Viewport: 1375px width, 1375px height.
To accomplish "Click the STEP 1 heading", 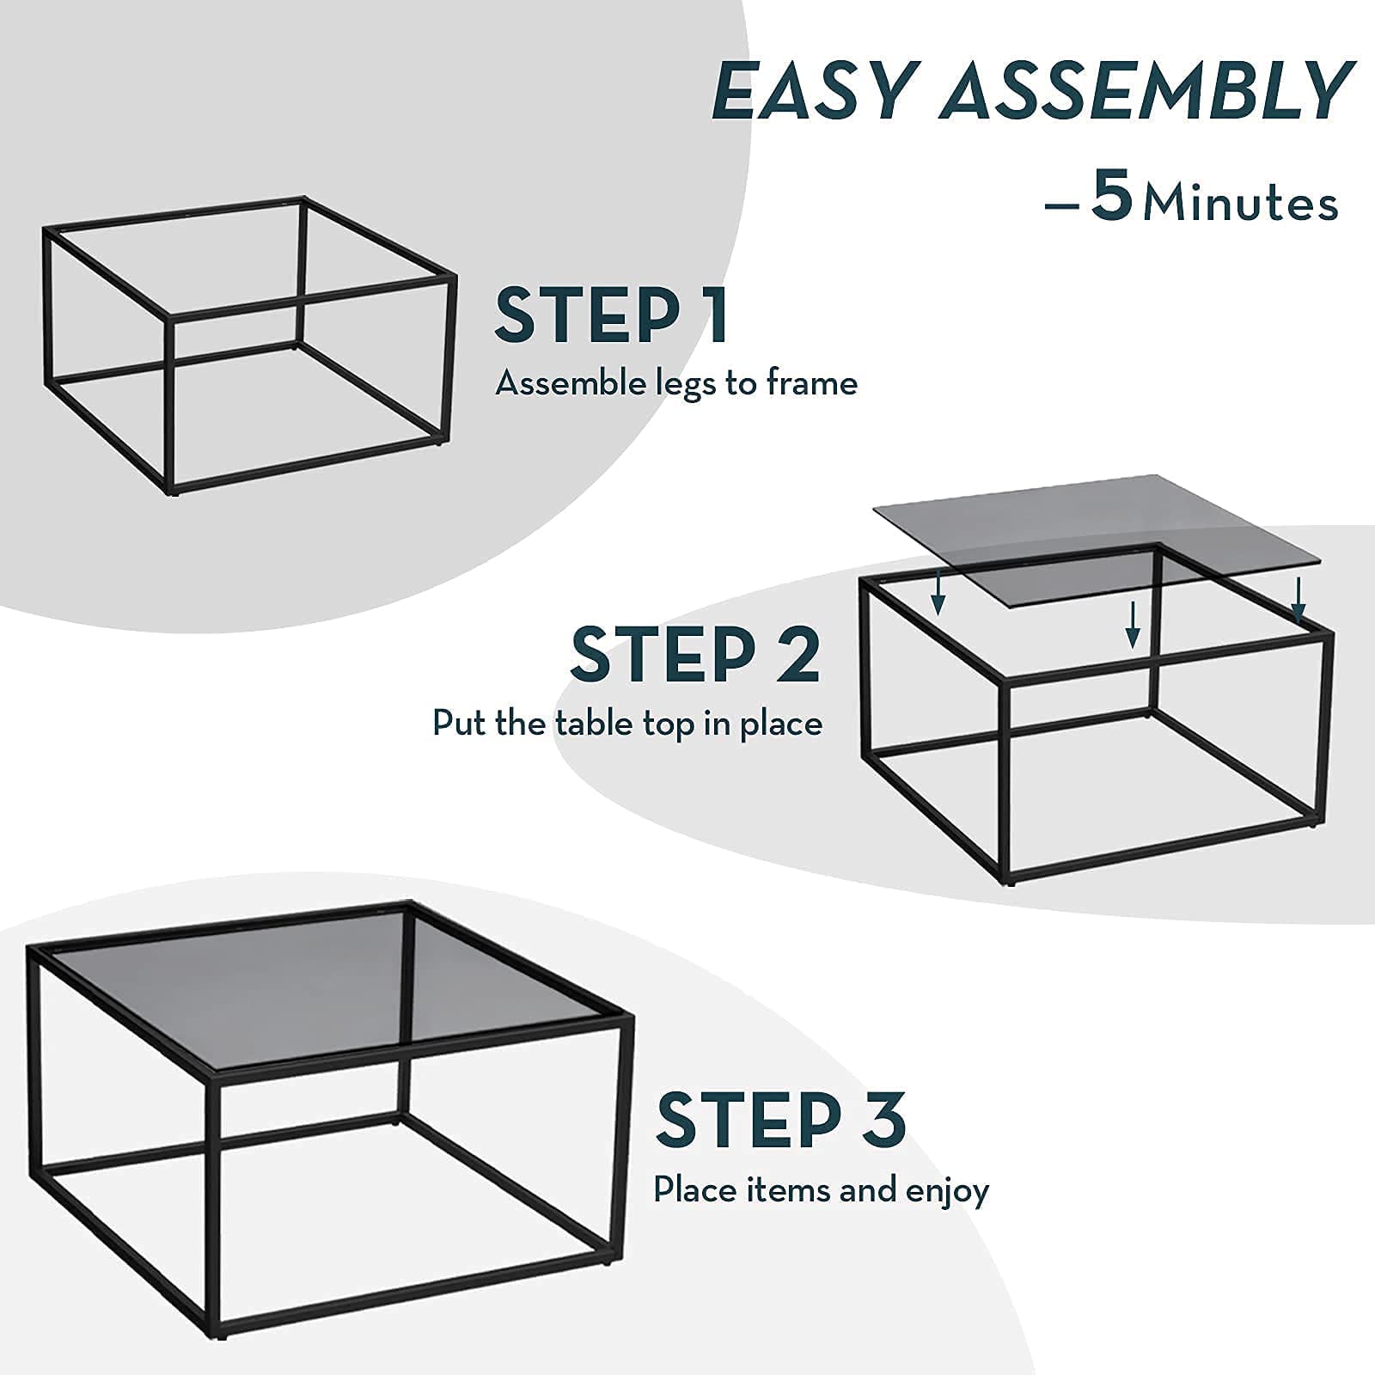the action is (611, 315).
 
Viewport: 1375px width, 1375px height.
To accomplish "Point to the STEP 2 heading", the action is (694, 655).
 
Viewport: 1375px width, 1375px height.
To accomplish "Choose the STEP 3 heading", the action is (780, 1119).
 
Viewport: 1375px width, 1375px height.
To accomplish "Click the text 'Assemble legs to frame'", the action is (676, 383).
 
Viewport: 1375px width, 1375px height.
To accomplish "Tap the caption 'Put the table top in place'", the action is (627, 723).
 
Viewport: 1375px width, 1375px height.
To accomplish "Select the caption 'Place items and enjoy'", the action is (821, 1191).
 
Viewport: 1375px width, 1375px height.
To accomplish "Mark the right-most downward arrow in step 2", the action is (1299, 599).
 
